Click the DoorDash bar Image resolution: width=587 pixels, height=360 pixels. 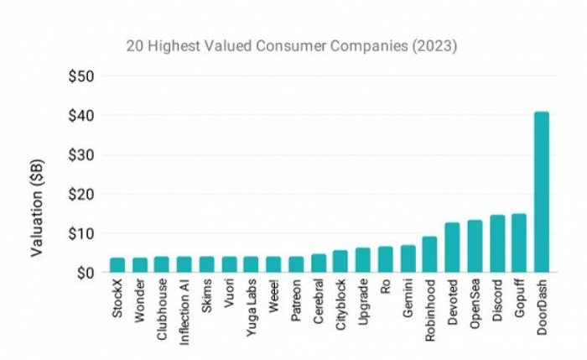(542, 192)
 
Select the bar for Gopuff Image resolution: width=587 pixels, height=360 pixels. (519, 243)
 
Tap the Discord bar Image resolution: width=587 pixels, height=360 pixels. (496, 244)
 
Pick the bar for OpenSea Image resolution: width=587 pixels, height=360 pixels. (475, 247)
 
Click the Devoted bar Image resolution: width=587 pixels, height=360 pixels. (452, 248)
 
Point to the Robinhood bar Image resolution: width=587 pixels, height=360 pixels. (429, 254)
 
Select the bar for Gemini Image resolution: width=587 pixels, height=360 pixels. (408, 259)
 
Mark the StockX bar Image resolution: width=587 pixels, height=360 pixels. (117, 265)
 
